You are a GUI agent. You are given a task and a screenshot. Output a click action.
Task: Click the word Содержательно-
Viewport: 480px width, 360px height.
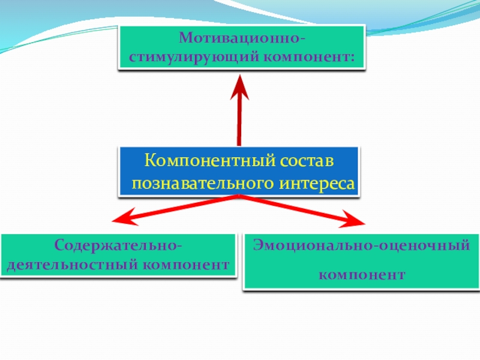[118, 246]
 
